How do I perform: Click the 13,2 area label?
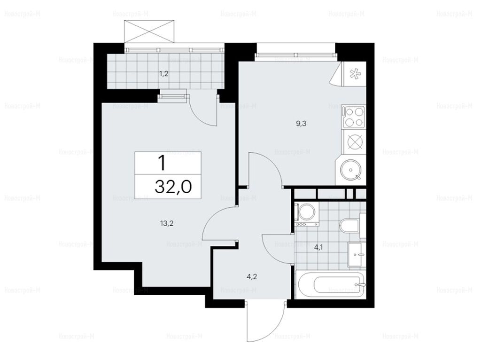pos(167,223)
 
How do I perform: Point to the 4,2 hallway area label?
pos(252,277)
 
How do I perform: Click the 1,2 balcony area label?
pos(163,74)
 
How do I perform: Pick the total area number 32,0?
pos(173,186)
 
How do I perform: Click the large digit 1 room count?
pos(162,163)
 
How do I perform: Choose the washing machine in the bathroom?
pos(306,214)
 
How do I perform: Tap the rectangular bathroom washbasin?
pos(357,254)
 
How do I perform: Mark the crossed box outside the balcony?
pos(151,31)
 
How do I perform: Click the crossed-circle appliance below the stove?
pos(354,142)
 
